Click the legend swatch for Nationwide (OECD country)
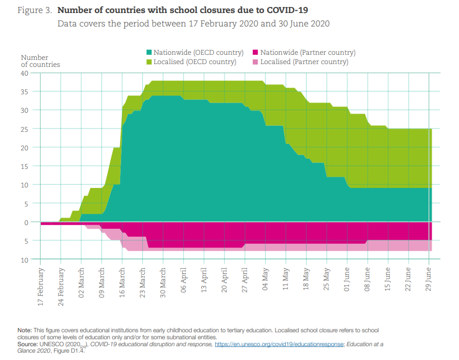pyautogui.click(x=149, y=53)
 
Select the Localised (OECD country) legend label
pyautogui.click(x=195, y=62)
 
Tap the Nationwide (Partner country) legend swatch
pyautogui.click(x=256, y=53)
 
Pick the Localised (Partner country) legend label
pyautogui.click(x=304, y=62)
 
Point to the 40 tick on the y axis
pyautogui.click(x=25, y=73)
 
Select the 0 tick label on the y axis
pyautogui.click(x=26, y=222)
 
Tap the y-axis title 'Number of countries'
pyautogui.click(x=40, y=61)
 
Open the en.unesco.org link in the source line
pyautogui.click(x=280, y=344)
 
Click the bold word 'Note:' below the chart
pyautogui.click(x=26, y=330)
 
